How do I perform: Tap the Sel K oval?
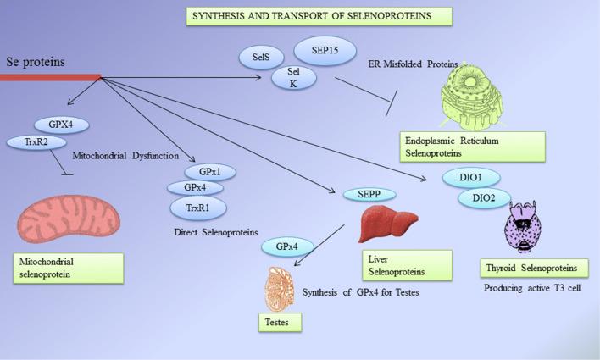pos(294,78)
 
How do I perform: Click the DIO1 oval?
pos(470,178)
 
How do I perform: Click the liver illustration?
pos(389,226)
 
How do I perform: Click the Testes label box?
pos(281,324)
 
